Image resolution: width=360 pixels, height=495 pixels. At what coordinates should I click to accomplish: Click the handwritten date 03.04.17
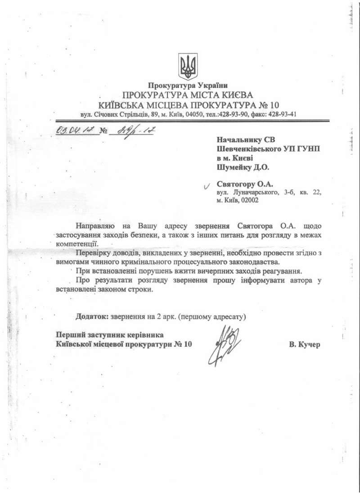73,131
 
